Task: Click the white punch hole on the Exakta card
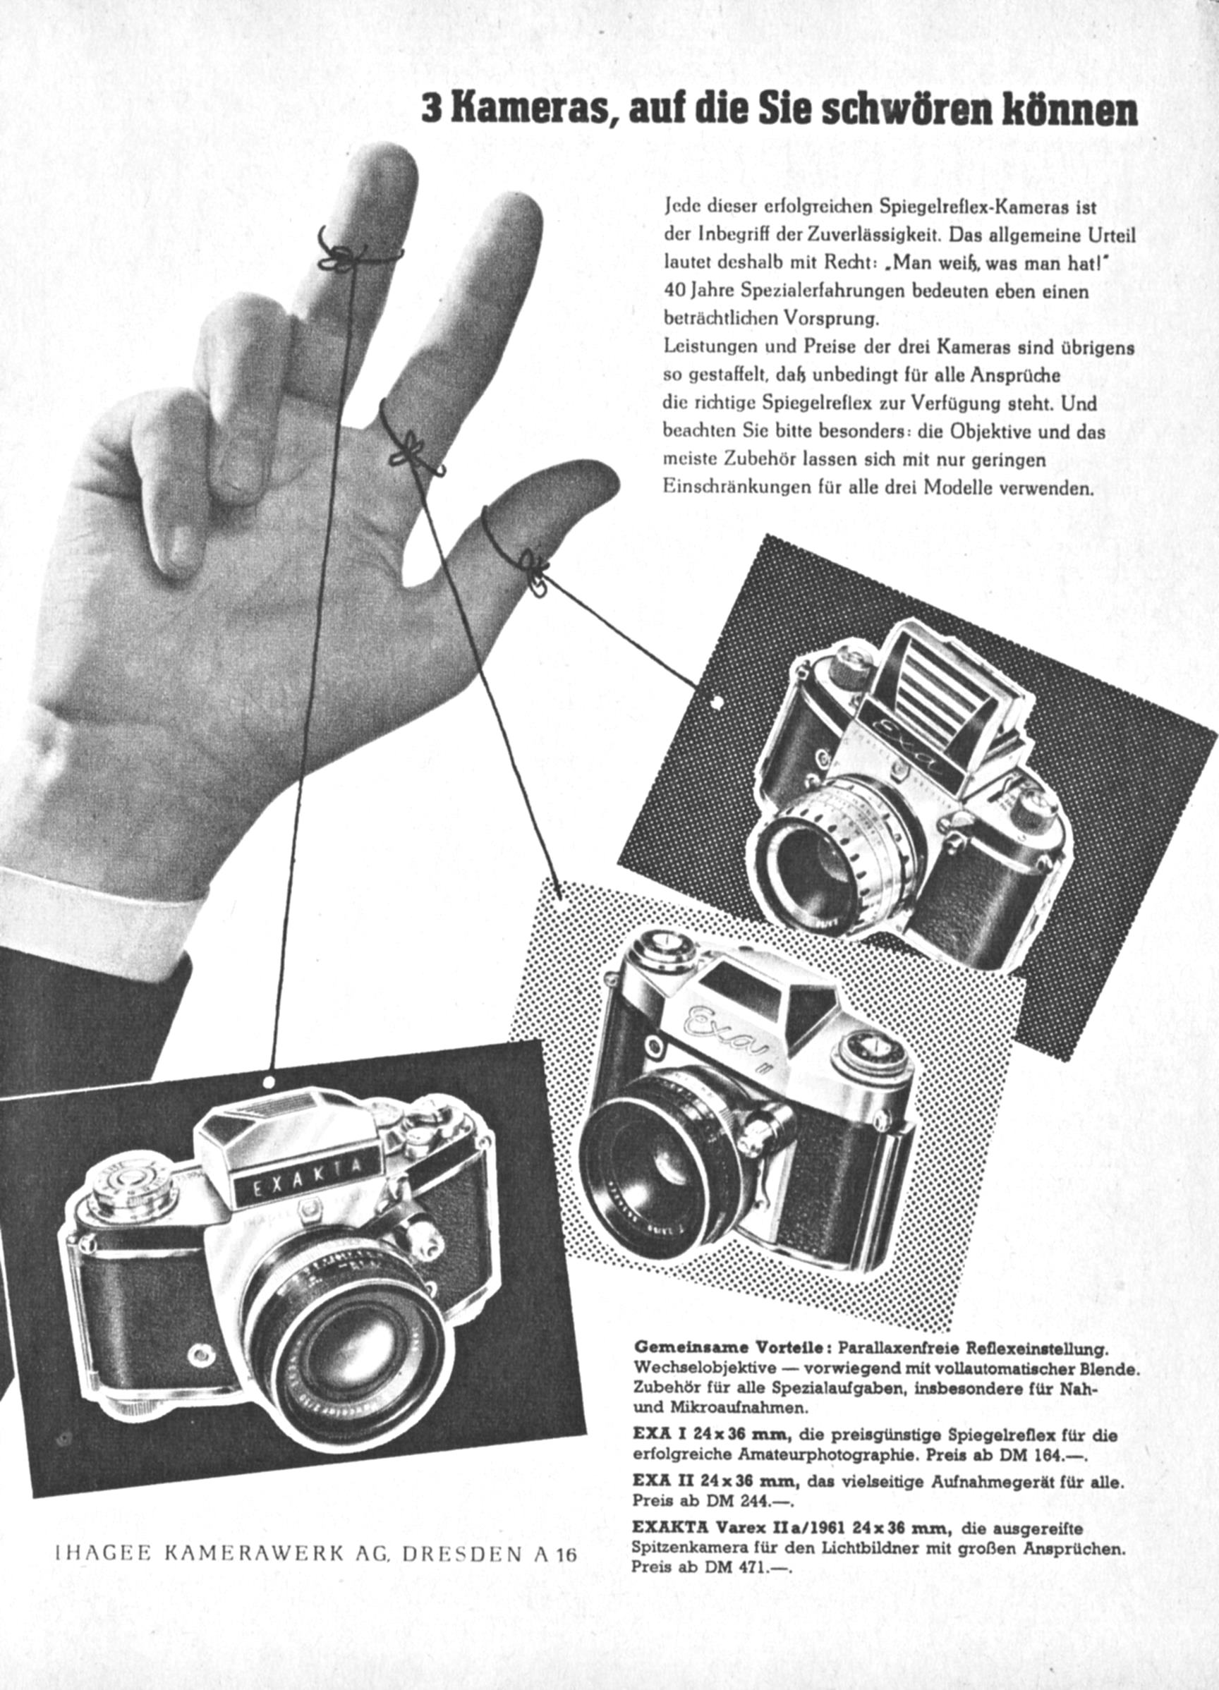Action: point(269,1081)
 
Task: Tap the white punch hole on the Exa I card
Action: point(717,701)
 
